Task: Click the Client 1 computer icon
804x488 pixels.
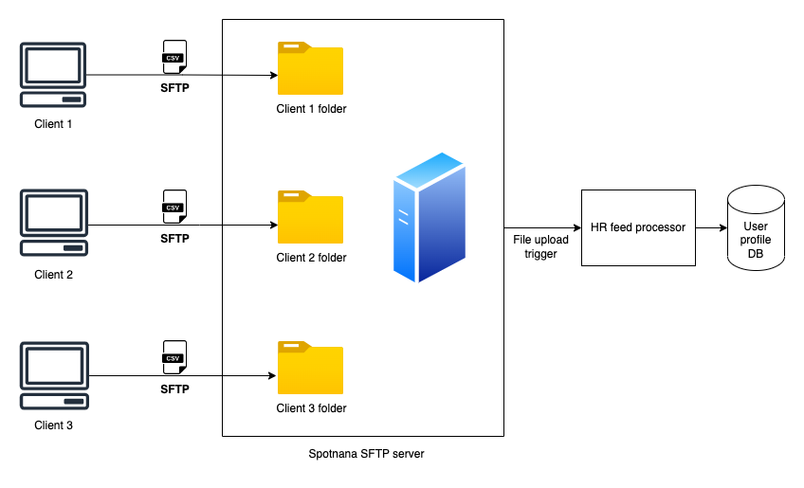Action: pyautogui.click(x=54, y=75)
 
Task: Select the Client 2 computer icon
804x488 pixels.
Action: pyautogui.click(x=54, y=224)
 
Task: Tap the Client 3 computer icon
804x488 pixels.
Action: pyautogui.click(x=54, y=375)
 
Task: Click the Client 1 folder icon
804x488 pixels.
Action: pyautogui.click(x=311, y=68)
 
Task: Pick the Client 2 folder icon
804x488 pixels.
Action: pyautogui.click(x=311, y=218)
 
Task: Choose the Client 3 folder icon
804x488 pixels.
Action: pyautogui.click(x=311, y=369)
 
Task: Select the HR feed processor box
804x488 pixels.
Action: pyautogui.click(x=638, y=227)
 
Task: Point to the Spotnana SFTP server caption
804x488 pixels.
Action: pyautogui.click(x=367, y=454)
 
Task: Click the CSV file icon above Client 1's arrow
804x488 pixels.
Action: pyautogui.click(x=174, y=56)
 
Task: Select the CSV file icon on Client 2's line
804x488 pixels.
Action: pyautogui.click(x=174, y=206)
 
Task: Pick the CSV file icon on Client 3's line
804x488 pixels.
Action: pyautogui.click(x=174, y=357)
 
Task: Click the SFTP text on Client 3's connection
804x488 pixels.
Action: pyautogui.click(x=174, y=389)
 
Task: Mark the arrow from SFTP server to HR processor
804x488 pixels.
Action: pyautogui.click(x=541, y=227)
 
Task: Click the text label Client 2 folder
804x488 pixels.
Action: pyautogui.click(x=311, y=258)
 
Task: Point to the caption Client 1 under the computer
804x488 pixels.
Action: pyautogui.click(x=54, y=124)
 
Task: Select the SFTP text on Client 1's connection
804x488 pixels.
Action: pyautogui.click(x=174, y=88)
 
